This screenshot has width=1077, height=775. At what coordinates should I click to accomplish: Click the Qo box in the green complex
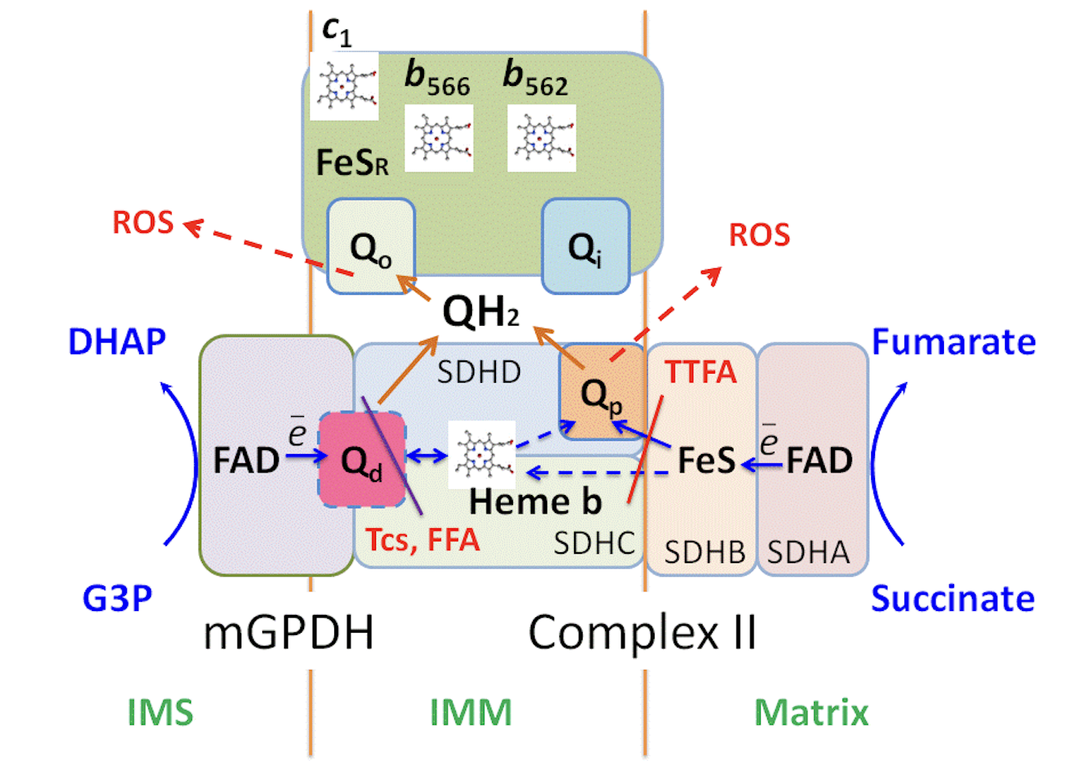point(371,247)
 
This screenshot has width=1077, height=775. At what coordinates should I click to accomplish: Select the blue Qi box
point(586,247)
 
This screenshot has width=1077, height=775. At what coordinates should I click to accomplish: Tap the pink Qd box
point(362,461)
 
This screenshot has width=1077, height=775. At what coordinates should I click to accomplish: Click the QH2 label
point(480,312)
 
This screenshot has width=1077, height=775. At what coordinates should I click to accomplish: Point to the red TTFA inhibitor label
point(700,372)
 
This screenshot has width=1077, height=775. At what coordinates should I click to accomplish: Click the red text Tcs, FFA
point(422,540)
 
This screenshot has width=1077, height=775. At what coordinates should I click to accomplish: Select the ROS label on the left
point(143,223)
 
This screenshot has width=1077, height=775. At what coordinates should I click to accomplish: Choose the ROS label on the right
point(759,235)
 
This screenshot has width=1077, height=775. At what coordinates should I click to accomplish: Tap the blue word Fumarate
point(953,342)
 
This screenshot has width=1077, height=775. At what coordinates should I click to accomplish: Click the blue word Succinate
point(952,599)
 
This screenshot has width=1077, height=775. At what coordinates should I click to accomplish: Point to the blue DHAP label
point(117,342)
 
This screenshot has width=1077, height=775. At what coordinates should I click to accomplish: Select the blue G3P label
point(117,599)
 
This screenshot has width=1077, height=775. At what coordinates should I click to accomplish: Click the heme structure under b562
point(542,138)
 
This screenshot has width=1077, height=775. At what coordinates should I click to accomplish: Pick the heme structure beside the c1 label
point(344,86)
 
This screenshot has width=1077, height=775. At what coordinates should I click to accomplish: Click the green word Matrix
point(812,712)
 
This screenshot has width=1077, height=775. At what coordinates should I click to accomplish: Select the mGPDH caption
point(289,632)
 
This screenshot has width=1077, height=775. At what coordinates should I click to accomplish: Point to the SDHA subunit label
point(809,552)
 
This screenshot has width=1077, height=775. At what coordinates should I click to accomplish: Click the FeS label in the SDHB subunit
point(706,461)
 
